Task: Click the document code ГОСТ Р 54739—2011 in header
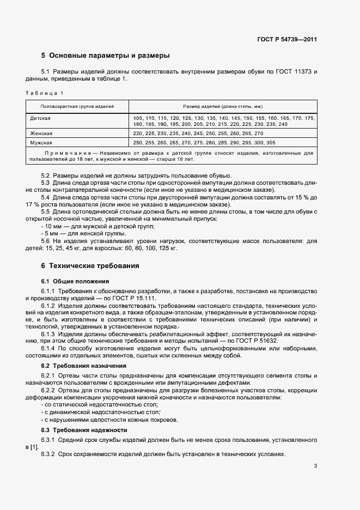coord(287,40)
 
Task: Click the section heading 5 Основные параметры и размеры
coord(106,56)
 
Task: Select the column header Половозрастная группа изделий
coord(77,106)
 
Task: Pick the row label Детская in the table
coord(41,118)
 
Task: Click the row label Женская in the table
coord(42,133)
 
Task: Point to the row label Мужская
coord(42,142)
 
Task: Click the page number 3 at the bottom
coord(315,466)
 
